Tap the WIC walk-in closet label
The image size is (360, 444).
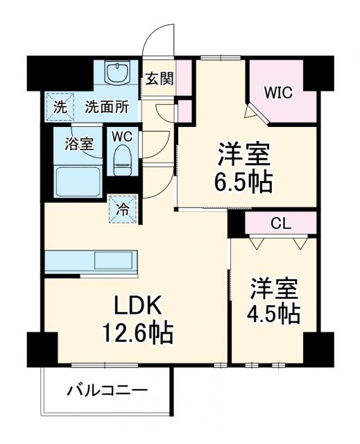(x=281, y=92)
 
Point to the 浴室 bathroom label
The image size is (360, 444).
(x=79, y=144)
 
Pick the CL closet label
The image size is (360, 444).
(x=280, y=224)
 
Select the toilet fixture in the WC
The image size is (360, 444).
(x=123, y=157)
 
